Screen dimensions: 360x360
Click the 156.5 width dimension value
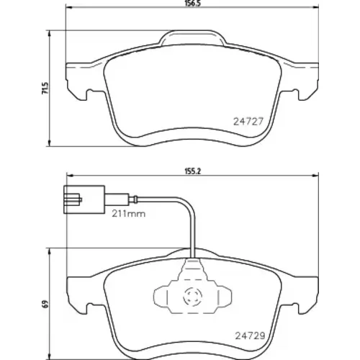click(193, 4)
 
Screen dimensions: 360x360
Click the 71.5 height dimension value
click(45, 88)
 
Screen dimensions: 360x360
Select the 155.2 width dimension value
click(192, 171)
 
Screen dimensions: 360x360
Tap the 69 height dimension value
click(45, 304)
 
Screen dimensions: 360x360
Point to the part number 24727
click(248, 122)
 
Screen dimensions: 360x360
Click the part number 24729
click(250, 336)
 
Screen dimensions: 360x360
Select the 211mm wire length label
click(129, 214)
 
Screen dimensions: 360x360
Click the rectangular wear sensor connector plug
click(84, 199)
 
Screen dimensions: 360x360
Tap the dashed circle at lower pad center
click(192, 297)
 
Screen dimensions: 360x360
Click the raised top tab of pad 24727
click(192, 37)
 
